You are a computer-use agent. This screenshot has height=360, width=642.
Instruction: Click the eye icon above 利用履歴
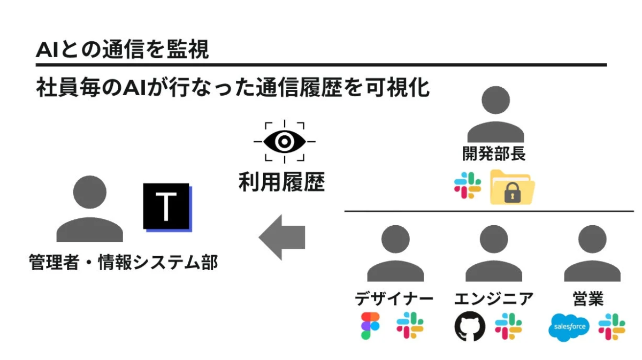(284, 141)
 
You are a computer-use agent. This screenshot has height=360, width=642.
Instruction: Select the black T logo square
(166, 206)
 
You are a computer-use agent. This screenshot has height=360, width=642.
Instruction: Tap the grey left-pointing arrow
(282, 237)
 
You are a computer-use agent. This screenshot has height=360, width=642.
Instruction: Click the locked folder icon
(513, 187)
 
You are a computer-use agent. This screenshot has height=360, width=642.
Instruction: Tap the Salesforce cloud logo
(569, 326)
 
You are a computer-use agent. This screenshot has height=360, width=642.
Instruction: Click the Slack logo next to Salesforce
(612, 326)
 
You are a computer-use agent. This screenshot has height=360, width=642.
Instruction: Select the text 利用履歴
(281, 183)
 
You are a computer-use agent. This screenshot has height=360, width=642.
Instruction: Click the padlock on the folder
(513, 194)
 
